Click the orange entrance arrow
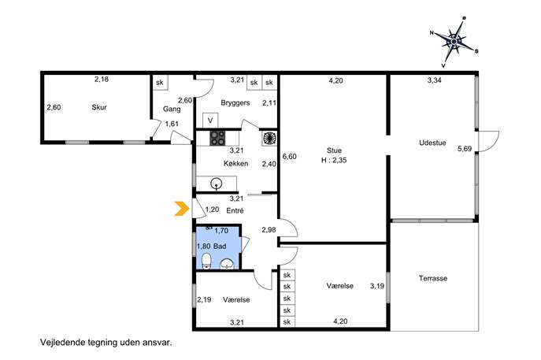[182, 209]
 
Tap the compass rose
[454, 42]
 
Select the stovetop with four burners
[217, 138]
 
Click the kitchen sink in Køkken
[216, 183]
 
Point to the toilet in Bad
[206, 261]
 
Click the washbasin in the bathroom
[227, 264]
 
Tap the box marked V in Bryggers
[210, 121]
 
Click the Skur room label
[99, 107]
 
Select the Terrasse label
[433, 278]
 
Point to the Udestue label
[432, 143]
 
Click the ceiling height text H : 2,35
[334, 160]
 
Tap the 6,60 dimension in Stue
[290, 156]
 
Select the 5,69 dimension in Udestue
[465, 149]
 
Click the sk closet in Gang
[160, 83]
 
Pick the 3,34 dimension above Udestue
[435, 80]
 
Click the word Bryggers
[235, 103]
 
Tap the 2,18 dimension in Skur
[102, 79]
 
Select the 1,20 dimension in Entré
[212, 210]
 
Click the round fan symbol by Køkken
[269, 138]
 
